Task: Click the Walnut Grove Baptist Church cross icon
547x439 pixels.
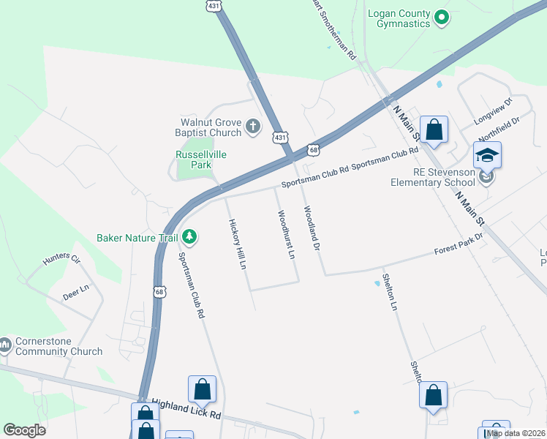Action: point(252,127)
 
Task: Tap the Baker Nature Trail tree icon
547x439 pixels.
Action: point(189,236)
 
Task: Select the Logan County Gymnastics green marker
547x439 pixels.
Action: point(440,16)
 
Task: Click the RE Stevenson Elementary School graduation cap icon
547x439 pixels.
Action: point(487,155)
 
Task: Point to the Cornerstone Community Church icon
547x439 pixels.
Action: point(5,343)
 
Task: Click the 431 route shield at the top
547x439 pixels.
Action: point(213,5)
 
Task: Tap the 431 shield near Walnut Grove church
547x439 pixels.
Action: point(280,137)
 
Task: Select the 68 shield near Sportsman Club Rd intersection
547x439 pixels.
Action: point(313,150)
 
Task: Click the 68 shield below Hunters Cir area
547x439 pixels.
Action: point(159,291)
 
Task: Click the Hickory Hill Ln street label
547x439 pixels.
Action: point(236,244)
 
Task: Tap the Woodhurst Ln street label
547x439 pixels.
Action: point(285,236)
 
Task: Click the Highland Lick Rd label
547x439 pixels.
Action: point(186,408)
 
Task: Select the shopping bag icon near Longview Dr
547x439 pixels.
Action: point(434,130)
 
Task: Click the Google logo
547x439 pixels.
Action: point(24,430)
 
